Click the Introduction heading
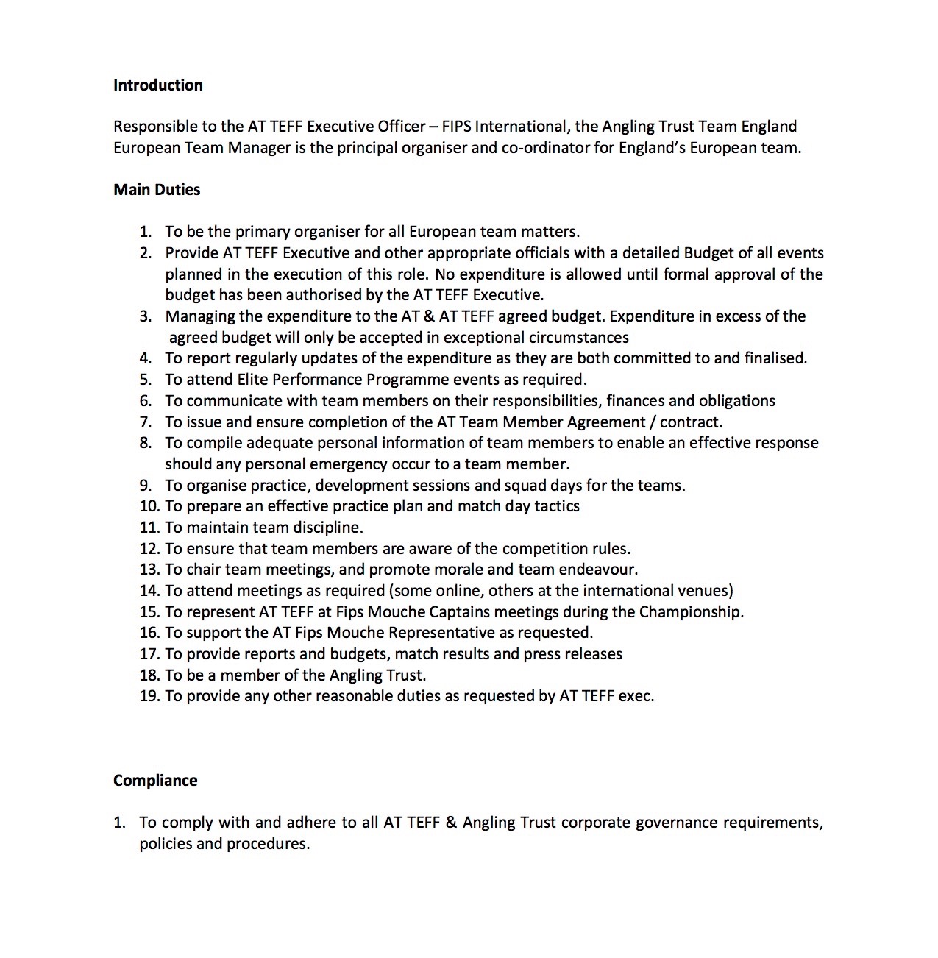tap(157, 85)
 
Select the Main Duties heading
tap(157, 190)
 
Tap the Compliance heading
tap(155, 781)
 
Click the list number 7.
tap(146, 422)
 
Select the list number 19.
tap(149, 696)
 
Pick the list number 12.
tap(149, 549)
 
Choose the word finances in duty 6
tap(636, 401)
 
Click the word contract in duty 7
tap(689, 422)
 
